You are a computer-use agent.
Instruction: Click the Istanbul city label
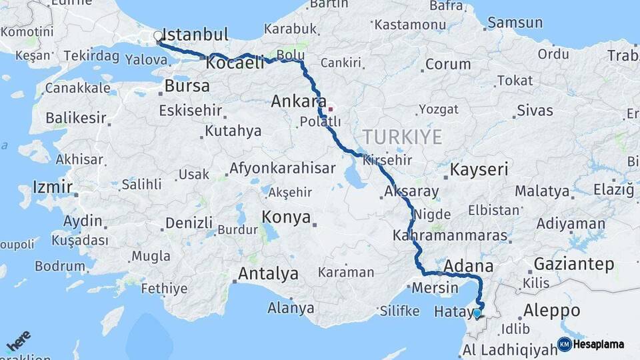[x=195, y=35]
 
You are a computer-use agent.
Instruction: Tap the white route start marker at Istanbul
[x=158, y=36]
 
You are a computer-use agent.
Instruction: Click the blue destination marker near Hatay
[x=477, y=313]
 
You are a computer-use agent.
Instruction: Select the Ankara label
[x=297, y=102]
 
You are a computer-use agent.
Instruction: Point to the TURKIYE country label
[x=402, y=137]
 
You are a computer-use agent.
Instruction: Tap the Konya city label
[x=286, y=217]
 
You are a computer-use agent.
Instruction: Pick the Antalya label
[x=268, y=273]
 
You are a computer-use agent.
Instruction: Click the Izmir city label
[x=52, y=187]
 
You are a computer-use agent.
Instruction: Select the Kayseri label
[x=479, y=169]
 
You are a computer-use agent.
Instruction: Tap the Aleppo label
[x=551, y=311]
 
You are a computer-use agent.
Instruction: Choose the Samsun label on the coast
[x=515, y=23]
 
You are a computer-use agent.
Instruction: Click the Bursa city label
[x=187, y=86]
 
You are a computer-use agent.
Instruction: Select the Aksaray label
[x=411, y=192]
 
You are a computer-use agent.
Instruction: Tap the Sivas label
[x=535, y=110]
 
